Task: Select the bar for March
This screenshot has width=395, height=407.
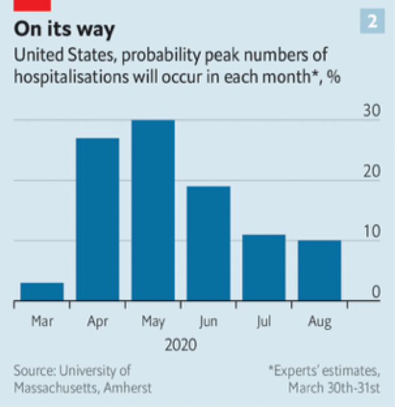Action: [x=42, y=292]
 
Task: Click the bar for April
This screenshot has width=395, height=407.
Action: [x=97, y=219]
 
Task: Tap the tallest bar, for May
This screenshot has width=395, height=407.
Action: [x=153, y=210]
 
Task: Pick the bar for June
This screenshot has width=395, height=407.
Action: [x=208, y=244]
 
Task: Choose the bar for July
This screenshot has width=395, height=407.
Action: [x=264, y=267]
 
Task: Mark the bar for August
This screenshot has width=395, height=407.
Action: [x=319, y=270]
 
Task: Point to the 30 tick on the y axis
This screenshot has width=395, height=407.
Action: [x=371, y=111]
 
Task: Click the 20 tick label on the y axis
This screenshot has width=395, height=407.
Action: [x=371, y=172]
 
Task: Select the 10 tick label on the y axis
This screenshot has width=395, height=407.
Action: [x=371, y=232]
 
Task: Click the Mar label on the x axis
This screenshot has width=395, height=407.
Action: [x=42, y=322]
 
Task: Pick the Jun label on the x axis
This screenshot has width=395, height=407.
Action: [x=208, y=322]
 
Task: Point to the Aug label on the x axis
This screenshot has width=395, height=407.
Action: [x=319, y=322]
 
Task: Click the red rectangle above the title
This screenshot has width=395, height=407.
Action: [x=32, y=4]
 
